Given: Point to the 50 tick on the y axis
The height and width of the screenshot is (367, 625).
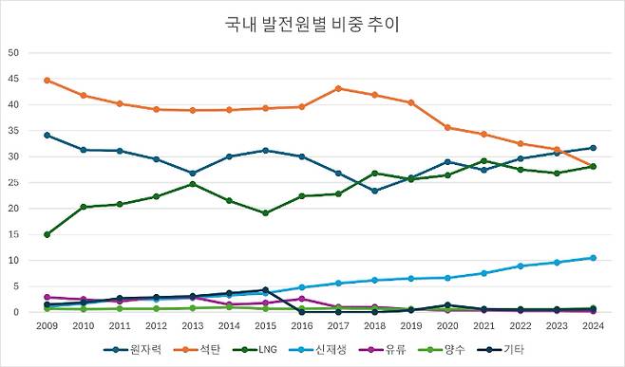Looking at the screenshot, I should click(14, 52).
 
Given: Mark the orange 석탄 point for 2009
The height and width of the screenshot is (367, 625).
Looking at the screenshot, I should click(47, 81).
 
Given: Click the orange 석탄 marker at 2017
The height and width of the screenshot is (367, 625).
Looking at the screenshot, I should click(339, 88).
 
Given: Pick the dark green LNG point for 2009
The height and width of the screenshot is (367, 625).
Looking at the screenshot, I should click(47, 234).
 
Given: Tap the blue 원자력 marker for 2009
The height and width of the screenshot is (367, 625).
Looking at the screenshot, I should click(47, 136).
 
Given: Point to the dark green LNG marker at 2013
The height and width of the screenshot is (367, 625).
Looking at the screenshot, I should click(193, 184).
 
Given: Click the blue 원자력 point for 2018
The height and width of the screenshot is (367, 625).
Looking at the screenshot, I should click(375, 191).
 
